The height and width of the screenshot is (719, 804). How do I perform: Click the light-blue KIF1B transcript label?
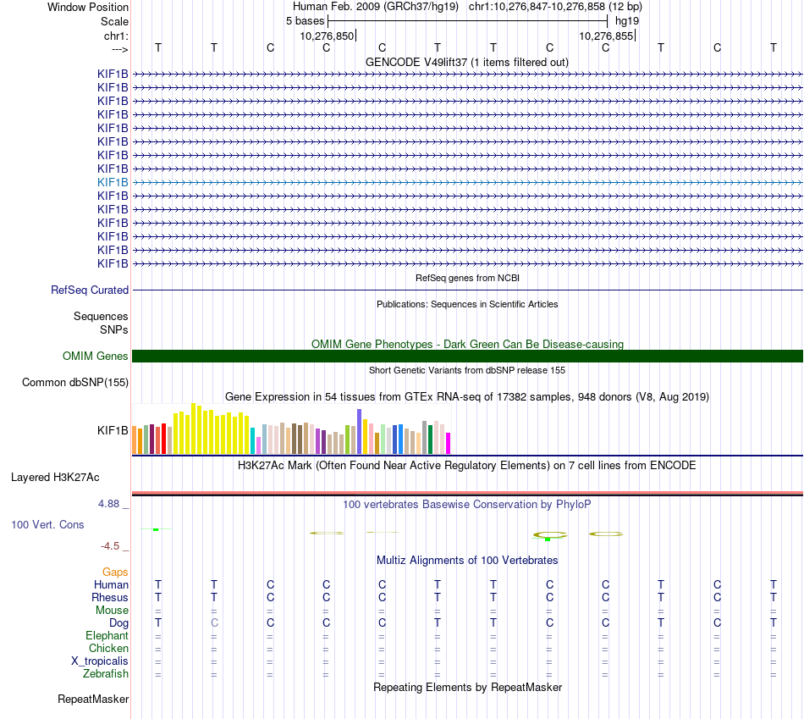113,182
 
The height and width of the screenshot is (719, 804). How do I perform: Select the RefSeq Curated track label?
90,290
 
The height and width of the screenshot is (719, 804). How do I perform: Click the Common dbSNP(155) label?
75,382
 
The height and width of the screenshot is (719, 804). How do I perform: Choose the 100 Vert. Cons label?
47,524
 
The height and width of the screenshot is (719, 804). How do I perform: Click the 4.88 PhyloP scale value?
113,504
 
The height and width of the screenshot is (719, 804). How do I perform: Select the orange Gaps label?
115,572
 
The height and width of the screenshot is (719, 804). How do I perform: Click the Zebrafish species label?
106,674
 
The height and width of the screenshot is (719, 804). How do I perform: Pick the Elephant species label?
107,636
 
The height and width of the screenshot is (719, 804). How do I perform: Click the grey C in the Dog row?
214,622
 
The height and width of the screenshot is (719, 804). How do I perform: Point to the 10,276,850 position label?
326,36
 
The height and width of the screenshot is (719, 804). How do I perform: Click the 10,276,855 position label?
605,36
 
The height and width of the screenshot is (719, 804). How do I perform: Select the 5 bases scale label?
305,20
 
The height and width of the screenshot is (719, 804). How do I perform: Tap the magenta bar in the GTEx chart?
449,443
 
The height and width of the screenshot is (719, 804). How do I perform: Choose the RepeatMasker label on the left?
93,700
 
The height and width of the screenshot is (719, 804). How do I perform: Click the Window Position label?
88,7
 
